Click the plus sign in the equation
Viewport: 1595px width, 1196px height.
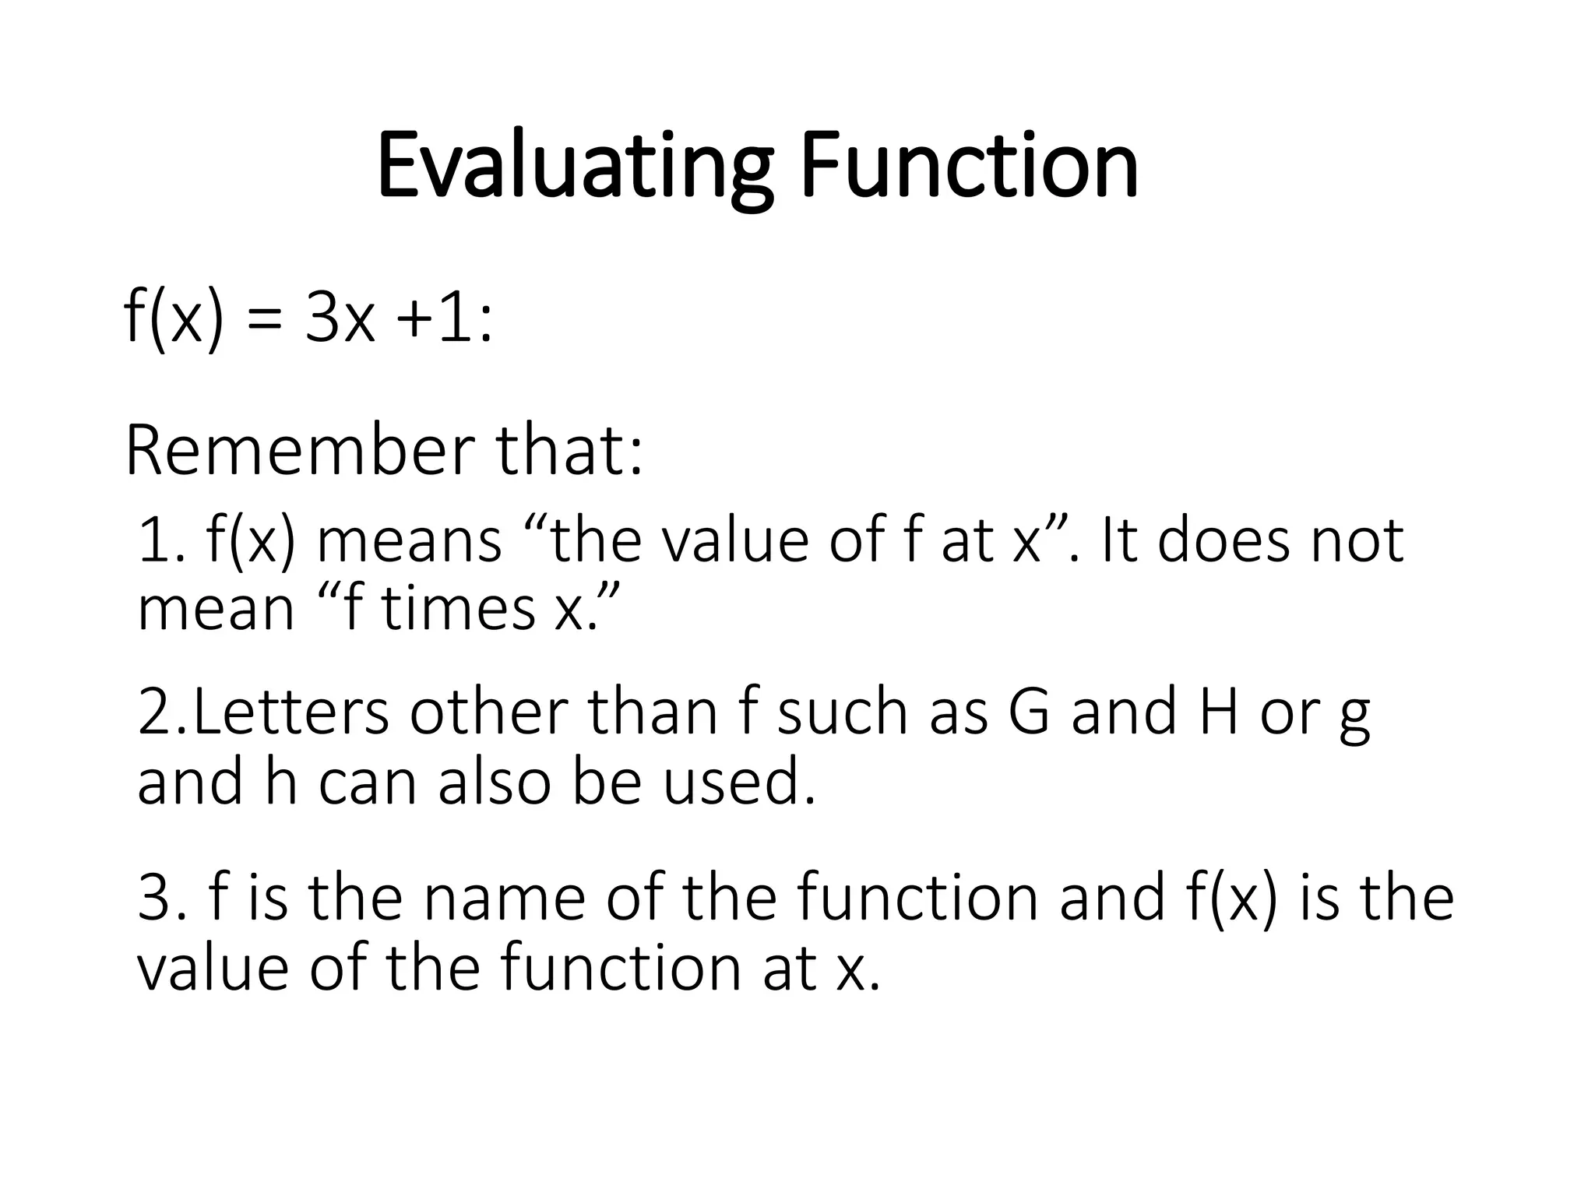(415, 320)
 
